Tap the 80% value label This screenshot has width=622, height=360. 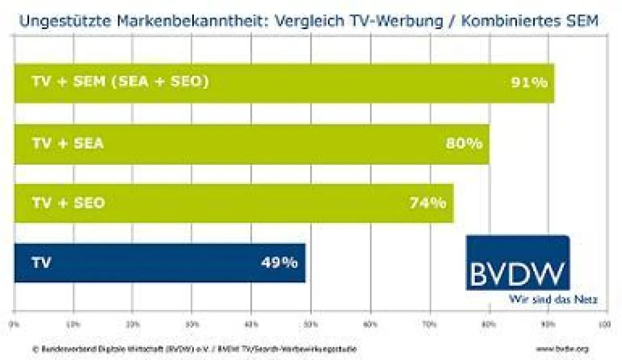pos(464,143)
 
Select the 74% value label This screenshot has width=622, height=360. pos(428,203)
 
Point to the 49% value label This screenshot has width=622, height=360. pos(279,263)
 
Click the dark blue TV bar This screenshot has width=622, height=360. pos(155,263)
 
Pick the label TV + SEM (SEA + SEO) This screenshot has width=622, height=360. pos(120,82)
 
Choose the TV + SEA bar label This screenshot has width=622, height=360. pos(68,143)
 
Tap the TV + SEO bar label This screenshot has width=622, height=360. pos(68,203)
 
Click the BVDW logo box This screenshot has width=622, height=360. pos(517,262)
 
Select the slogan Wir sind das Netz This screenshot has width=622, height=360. pos(553,299)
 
